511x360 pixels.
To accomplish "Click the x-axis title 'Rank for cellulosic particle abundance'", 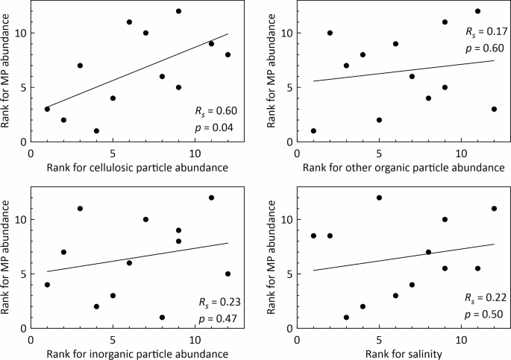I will coord(137,168).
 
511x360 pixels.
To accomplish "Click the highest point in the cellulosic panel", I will coord(178,11).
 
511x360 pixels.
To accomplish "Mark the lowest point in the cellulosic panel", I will coord(96,130).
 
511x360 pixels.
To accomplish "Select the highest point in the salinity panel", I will coord(379,198).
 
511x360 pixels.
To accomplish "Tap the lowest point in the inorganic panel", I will coord(162,317).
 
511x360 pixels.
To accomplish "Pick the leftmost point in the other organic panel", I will coord(313,130).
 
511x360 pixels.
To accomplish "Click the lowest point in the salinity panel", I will coord(346,317).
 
